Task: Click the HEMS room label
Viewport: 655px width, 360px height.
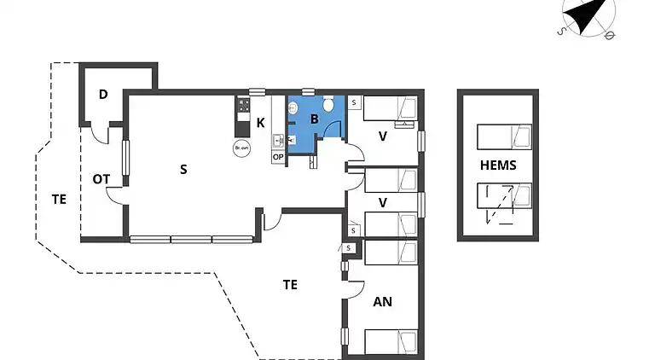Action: coord(497,165)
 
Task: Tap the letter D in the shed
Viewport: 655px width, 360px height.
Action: coord(103,94)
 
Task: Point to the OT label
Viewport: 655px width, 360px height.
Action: coord(101,178)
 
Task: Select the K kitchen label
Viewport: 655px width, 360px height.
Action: coord(260,123)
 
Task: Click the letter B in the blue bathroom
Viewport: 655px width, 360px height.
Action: coord(314,119)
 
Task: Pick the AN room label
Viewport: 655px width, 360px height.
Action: coord(383,301)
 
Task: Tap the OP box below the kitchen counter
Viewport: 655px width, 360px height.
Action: coord(278,157)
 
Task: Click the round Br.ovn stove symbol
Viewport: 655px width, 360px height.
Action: coord(241,148)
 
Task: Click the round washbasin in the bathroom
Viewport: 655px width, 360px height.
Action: coord(293,108)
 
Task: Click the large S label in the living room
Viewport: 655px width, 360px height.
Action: coord(183,169)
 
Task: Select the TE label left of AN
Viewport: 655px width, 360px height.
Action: coord(290,285)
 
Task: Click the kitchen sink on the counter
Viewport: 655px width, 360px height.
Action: coord(277,140)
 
